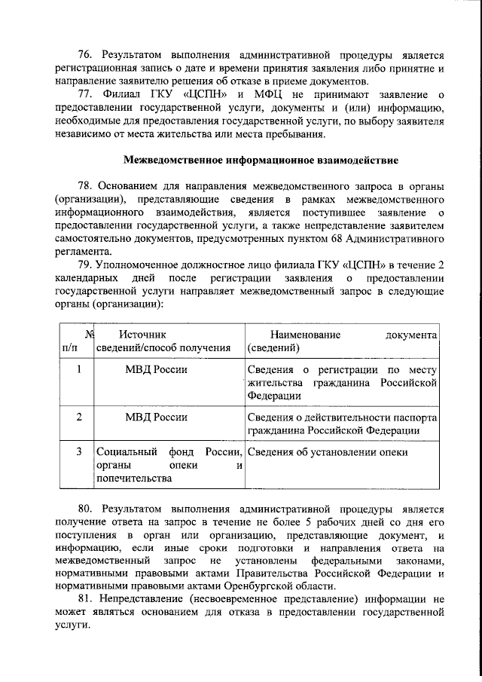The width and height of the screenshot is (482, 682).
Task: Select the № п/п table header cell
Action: point(78,341)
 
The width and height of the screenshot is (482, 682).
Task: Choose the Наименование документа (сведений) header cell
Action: point(343,341)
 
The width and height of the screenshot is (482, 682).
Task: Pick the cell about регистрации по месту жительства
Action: point(343,382)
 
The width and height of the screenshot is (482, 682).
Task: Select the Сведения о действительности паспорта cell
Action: point(343,423)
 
